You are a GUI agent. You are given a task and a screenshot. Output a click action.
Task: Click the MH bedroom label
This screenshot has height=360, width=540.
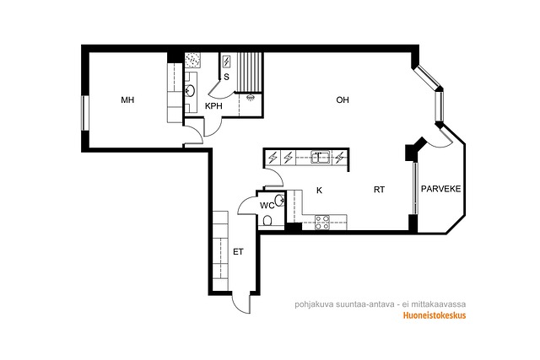click(x=127, y=100)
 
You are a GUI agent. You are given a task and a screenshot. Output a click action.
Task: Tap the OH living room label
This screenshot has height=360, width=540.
click(x=343, y=99)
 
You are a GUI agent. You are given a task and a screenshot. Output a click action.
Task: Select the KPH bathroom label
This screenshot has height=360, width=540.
click(x=213, y=106)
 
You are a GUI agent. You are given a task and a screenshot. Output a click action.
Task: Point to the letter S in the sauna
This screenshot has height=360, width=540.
click(x=226, y=77)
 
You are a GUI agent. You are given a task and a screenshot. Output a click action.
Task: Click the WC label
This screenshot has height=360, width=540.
click(x=267, y=206)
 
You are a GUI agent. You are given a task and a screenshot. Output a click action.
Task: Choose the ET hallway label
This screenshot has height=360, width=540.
click(x=238, y=252)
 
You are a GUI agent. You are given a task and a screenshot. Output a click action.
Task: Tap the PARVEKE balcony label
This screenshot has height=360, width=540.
click(x=440, y=189)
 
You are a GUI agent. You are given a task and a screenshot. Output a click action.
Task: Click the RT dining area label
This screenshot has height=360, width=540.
click(x=379, y=190)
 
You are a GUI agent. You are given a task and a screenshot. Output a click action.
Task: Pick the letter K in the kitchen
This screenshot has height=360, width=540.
click(x=319, y=191)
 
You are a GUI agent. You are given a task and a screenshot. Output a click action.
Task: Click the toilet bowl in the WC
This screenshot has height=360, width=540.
click(x=267, y=221)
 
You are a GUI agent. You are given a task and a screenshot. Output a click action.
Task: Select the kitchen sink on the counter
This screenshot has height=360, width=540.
click(x=321, y=157)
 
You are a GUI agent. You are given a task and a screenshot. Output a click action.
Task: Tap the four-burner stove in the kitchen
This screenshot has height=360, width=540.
click(x=322, y=223)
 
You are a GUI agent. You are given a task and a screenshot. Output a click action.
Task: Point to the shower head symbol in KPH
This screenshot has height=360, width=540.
click(x=251, y=98)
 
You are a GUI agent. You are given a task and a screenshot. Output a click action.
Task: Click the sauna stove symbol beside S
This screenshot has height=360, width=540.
click(x=227, y=62)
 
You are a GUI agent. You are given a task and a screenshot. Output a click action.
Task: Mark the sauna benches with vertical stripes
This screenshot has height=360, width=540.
click(x=250, y=73)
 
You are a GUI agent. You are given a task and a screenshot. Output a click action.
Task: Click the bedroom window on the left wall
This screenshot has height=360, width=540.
click(x=84, y=113)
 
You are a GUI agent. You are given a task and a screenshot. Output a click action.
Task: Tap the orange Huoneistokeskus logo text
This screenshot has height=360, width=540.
click(x=435, y=315)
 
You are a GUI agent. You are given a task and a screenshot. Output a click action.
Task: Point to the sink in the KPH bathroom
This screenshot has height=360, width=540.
click(x=190, y=91)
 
